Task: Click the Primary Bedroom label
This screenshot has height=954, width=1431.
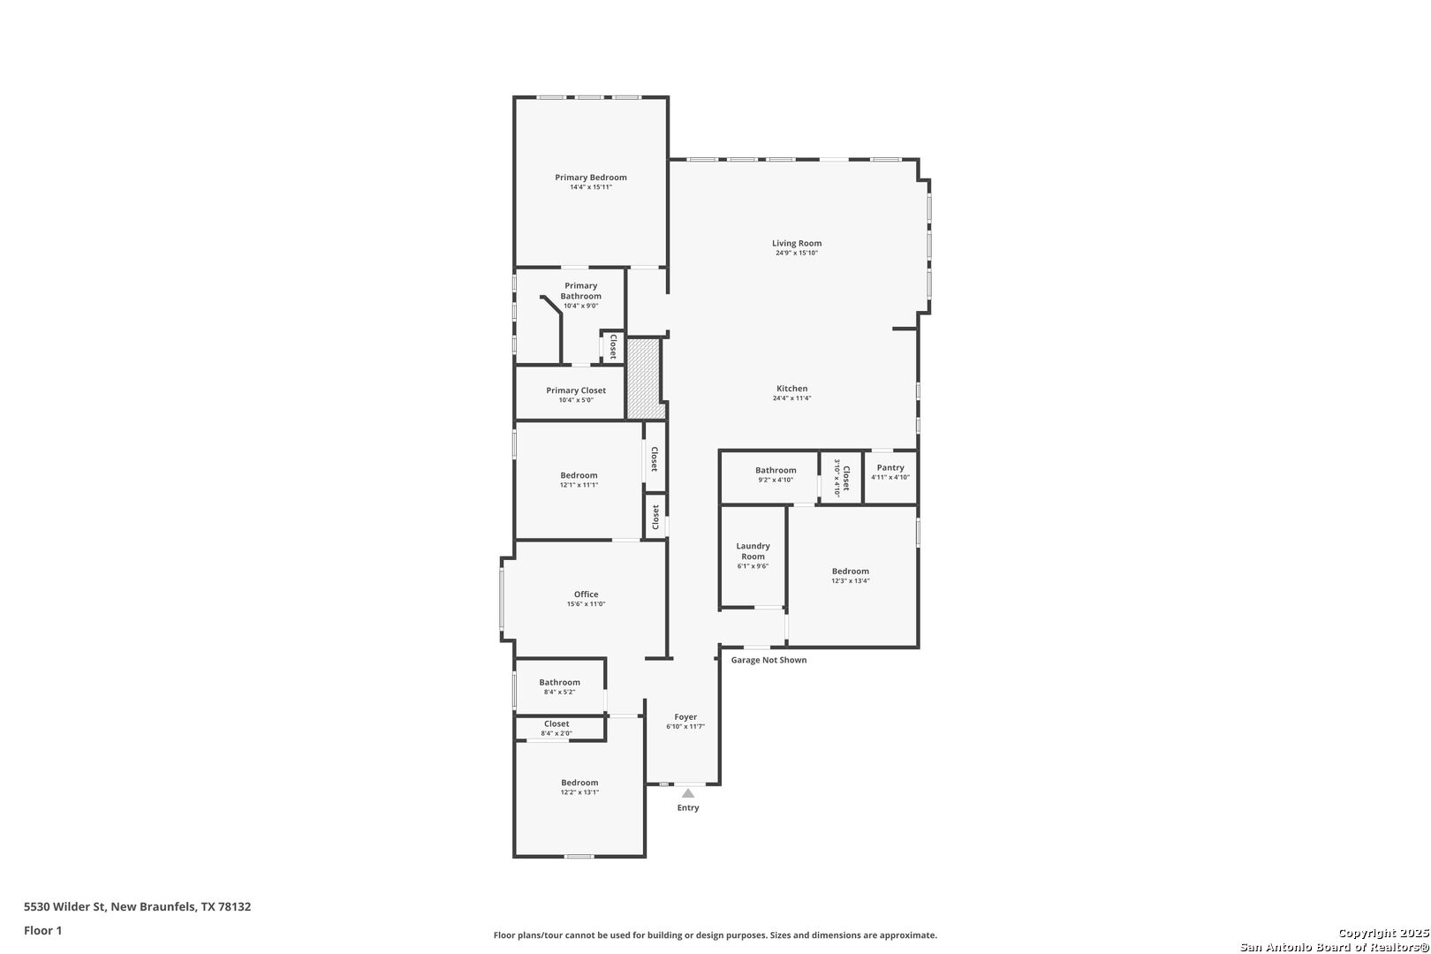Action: pos(590,178)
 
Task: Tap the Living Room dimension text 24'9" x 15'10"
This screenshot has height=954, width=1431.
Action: pos(797,253)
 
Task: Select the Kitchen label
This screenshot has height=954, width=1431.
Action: pos(791,389)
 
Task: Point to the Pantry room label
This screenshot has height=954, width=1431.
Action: pos(890,468)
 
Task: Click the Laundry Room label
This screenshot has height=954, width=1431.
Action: pos(753,551)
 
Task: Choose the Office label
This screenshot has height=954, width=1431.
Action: pos(586,594)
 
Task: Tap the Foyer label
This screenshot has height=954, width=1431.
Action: pos(685,717)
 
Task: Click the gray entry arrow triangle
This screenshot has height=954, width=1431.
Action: pos(688,793)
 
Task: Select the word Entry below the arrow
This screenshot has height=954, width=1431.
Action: pos(688,807)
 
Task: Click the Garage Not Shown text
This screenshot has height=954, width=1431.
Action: pos(768,660)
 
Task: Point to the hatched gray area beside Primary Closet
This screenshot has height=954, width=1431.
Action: pos(643,378)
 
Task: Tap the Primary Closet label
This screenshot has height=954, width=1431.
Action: pos(576,390)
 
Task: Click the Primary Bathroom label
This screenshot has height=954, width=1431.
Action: pos(580,291)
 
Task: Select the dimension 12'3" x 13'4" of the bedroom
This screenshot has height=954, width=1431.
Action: pos(851,581)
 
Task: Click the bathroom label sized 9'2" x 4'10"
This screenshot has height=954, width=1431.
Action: pos(776,470)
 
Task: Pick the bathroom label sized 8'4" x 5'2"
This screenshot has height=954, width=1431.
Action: pos(559,683)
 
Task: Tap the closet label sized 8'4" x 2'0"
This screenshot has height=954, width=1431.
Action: pos(556,724)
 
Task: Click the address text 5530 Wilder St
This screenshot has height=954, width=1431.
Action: pos(64,906)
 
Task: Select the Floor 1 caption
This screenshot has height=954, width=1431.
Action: pos(42,930)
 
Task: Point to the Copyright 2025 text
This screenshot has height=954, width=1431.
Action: pos(1383,934)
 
